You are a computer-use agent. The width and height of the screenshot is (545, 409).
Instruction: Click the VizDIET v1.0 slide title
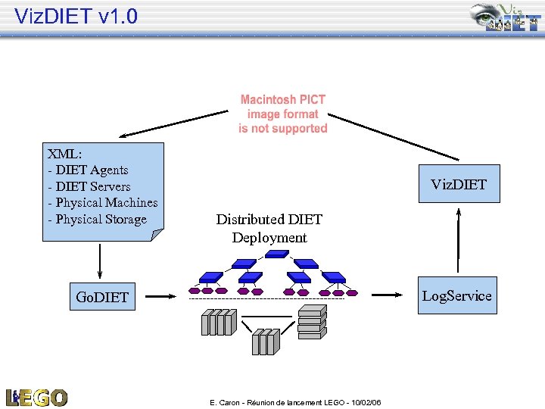(x=76, y=16)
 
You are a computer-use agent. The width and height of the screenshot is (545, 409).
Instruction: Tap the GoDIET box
(x=102, y=296)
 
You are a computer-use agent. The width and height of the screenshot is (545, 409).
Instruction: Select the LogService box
(x=457, y=295)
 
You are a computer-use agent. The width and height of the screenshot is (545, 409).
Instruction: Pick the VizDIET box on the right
(x=459, y=183)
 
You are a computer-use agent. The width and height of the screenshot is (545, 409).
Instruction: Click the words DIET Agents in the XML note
(x=92, y=170)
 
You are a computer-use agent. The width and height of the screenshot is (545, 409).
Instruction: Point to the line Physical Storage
(x=101, y=220)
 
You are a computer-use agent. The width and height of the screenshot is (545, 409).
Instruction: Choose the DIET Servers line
(x=93, y=186)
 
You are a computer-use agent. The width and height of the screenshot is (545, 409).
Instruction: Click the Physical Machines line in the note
(x=107, y=202)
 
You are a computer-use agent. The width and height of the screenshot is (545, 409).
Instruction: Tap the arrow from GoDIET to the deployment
(x=161, y=296)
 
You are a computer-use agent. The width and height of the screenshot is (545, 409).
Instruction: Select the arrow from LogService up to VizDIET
(x=459, y=240)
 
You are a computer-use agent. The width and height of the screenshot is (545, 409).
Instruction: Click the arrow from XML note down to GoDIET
(x=100, y=261)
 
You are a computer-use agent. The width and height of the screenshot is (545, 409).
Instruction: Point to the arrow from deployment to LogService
(x=388, y=295)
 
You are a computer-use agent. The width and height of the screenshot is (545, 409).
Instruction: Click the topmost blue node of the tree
(x=277, y=254)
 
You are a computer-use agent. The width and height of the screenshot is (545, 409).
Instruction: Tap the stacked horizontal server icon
(x=313, y=322)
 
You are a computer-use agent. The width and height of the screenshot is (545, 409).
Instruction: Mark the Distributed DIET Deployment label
(x=269, y=229)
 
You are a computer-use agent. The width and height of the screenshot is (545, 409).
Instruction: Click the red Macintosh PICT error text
(x=283, y=114)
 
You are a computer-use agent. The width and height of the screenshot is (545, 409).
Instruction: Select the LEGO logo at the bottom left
(x=36, y=398)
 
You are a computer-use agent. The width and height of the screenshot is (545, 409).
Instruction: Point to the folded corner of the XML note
(x=157, y=234)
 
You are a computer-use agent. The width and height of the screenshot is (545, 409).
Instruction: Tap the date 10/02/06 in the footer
(x=366, y=402)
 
